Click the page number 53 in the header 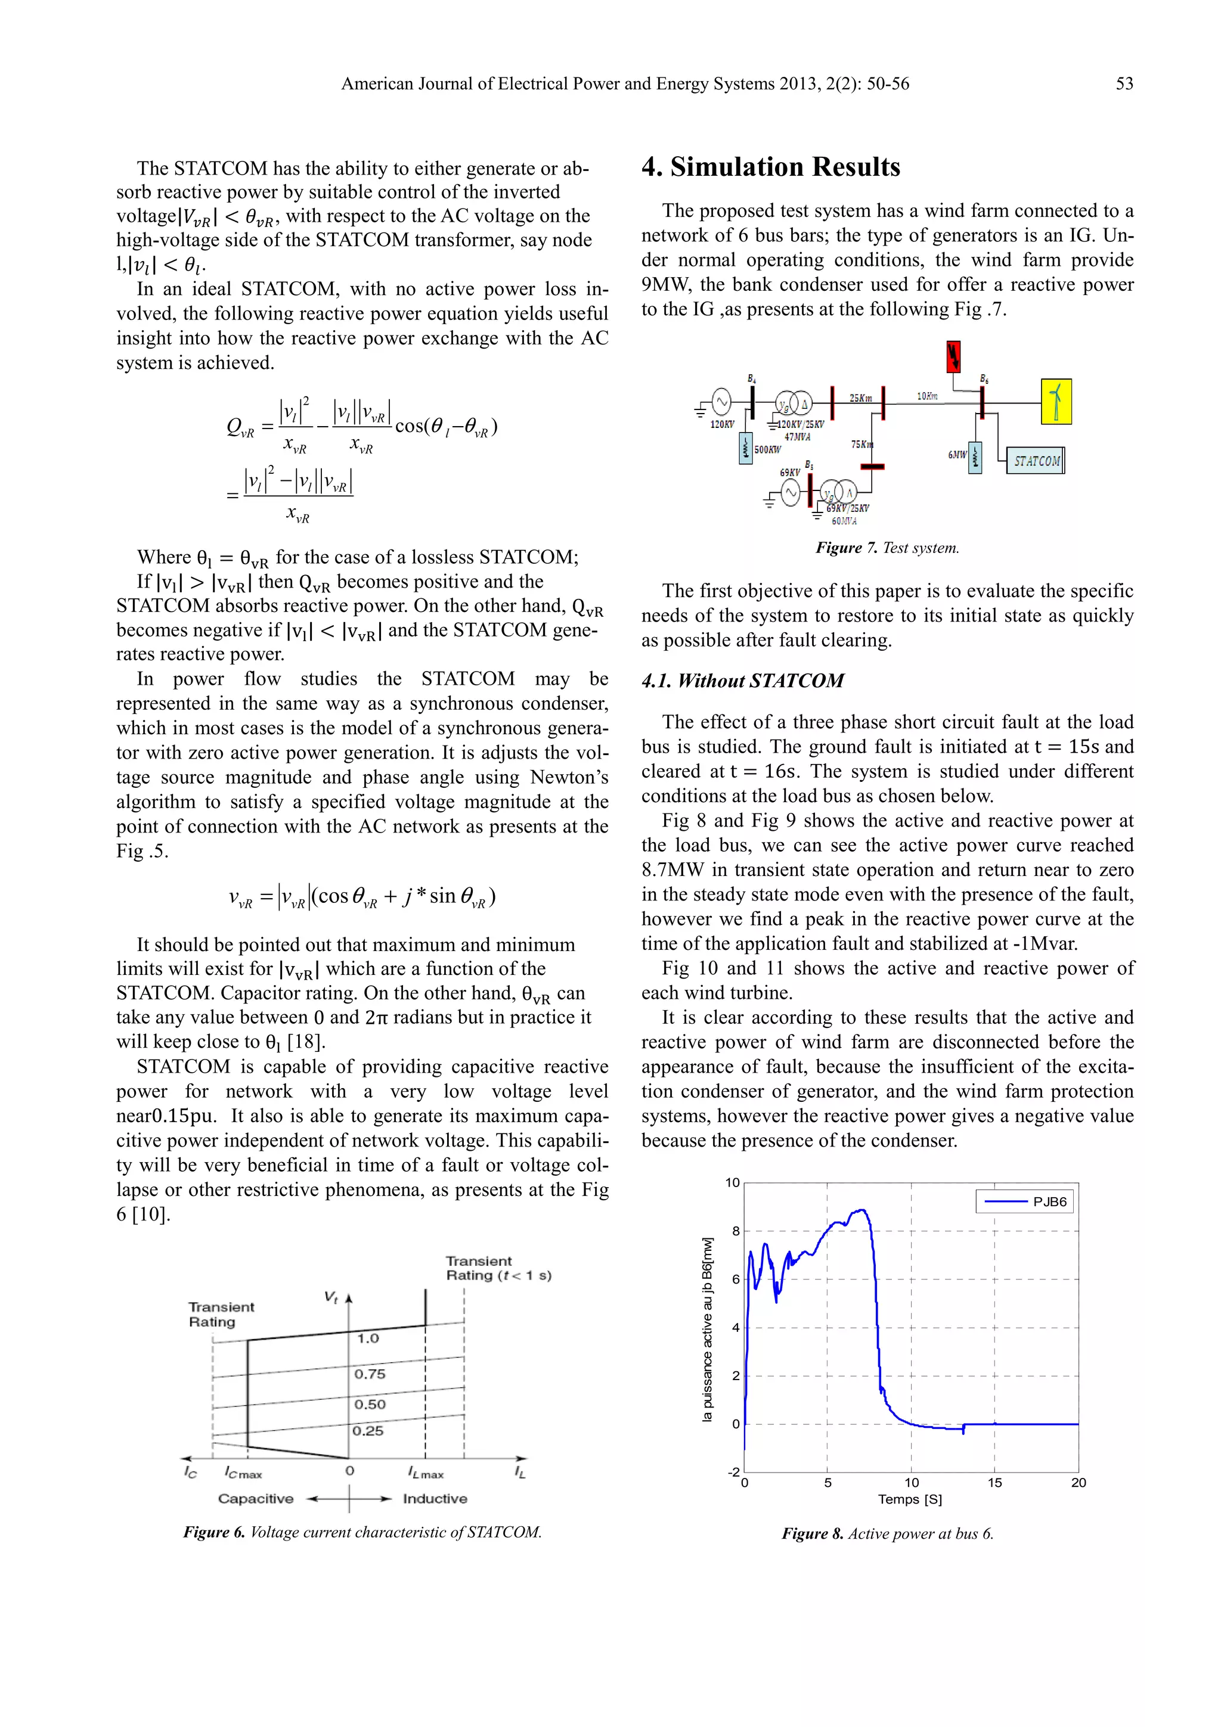pos(1124,83)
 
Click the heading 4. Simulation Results pos(770,167)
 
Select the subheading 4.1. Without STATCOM pos(742,681)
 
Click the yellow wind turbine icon pos(1056,402)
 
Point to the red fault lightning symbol pos(953,356)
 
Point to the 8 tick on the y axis pos(736,1231)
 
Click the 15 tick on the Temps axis pos(994,1483)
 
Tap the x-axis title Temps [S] pos(910,1499)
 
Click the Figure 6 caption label pos(215,1532)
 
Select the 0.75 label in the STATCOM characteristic pos(370,1374)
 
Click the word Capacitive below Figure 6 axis pos(256,1498)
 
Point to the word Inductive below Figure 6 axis pos(435,1498)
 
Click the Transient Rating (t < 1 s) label pos(498,1268)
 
